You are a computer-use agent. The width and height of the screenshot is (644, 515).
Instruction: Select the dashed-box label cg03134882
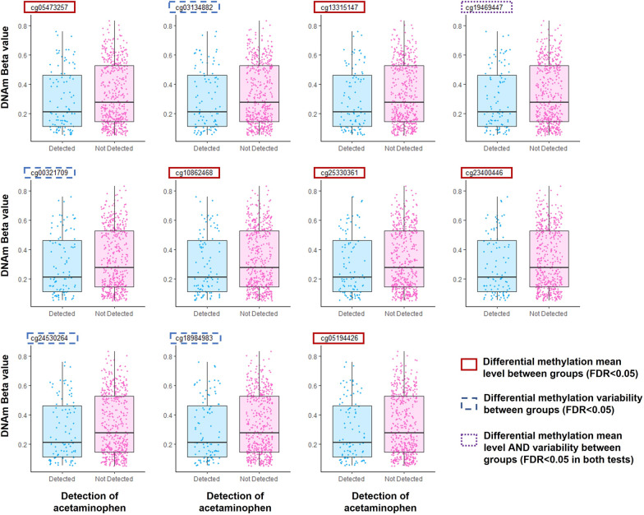pyautogui.click(x=195, y=7)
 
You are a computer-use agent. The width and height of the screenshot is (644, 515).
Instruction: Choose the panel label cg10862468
pyautogui.click(x=194, y=173)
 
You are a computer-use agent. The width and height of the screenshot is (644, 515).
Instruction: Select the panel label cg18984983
pyautogui.click(x=195, y=337)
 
